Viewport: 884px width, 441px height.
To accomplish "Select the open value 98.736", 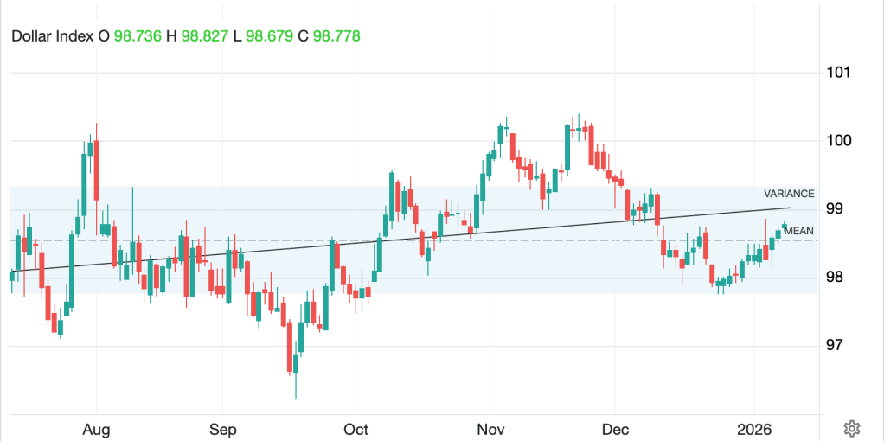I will point(138,36).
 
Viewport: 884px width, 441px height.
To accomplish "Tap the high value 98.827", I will point(205,36).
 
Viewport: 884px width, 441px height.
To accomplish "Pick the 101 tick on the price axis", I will point(838,73).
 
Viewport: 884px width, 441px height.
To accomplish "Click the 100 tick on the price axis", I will point(838,140).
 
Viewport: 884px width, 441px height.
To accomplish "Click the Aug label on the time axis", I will point(96,430).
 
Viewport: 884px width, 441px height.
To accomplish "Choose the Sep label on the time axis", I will point(222,430).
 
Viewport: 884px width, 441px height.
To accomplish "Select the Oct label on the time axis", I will point(356,430).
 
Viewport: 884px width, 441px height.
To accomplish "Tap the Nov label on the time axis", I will point(490,430).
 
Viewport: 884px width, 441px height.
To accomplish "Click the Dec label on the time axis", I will point(614,430).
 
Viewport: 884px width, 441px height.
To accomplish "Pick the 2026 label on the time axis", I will point(754,430).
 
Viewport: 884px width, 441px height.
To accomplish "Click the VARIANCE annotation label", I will point(789,194).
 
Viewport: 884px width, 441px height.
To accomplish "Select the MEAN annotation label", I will point(798,231).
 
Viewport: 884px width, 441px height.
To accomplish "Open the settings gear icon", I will point(851,428).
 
